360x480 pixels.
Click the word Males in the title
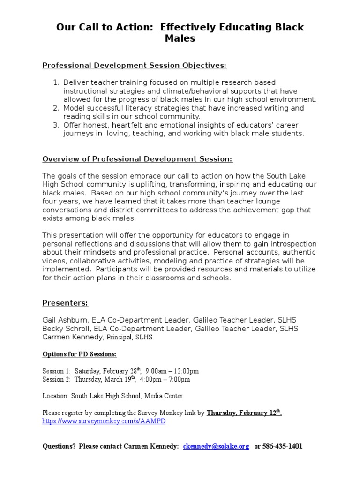(x=180, y=38)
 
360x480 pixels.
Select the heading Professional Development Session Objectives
(x=135, y=66)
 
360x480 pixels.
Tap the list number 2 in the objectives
(x=56, y=108)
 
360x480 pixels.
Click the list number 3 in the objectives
(x=56, y=125)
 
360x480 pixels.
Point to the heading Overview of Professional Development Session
(x=137, y=159)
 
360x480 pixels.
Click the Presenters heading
(x=65, y=303)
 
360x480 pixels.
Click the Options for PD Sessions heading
(x=79, y=354)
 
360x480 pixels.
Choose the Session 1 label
(x=56, y=371)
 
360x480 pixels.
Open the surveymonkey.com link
(x=104, y=421)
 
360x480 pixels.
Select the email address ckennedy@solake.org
(x=216, y=447)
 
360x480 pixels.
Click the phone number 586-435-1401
(x=283, y=447)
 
